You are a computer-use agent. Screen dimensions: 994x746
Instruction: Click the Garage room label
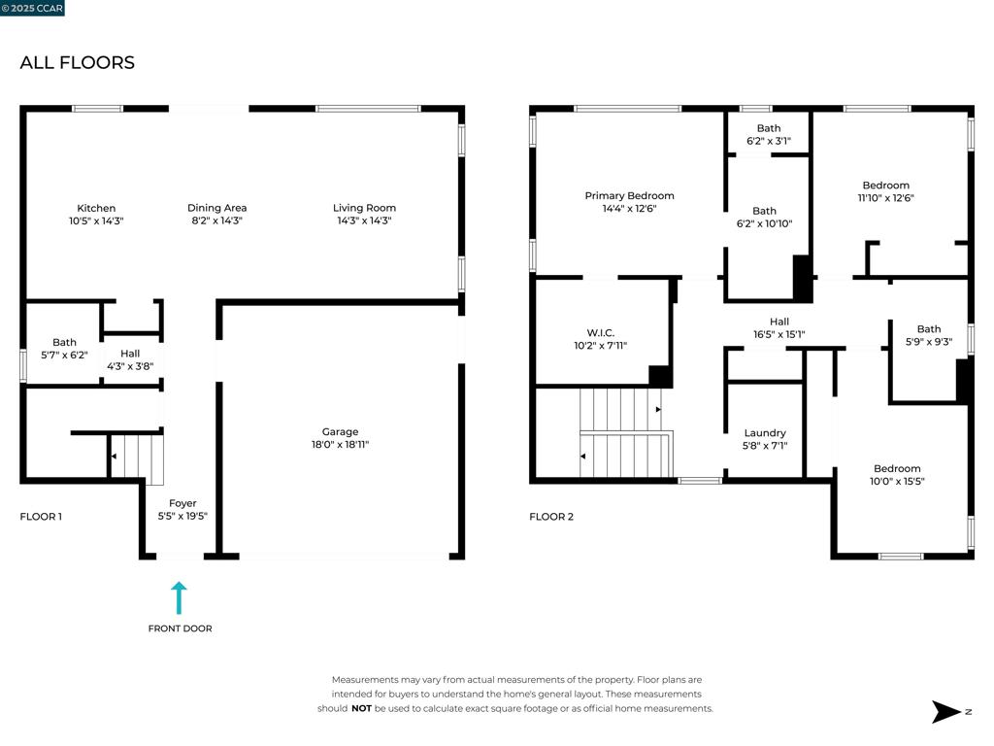point(340,431)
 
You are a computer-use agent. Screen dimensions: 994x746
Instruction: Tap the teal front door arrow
point(179,598)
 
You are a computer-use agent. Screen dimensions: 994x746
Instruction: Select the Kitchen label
point(96,208)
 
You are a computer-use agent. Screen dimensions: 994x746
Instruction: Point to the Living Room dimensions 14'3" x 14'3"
point(365,220)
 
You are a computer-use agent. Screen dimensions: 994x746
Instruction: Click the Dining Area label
point(216,208)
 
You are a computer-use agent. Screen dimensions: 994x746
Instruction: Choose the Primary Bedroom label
point(629,195)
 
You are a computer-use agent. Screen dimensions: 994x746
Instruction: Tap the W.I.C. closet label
point(600,332)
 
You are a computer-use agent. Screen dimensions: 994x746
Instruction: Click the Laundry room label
point(765,432)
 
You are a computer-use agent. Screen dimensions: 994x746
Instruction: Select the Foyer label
point(182,503)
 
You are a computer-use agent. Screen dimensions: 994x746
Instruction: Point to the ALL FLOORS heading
point(78,62)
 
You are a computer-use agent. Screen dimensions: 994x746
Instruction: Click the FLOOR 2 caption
point(551,517)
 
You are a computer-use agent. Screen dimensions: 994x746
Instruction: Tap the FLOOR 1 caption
point(41,517)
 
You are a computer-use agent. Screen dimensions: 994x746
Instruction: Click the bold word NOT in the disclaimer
point(361,708)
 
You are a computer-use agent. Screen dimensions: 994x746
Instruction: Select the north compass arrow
point(946,712)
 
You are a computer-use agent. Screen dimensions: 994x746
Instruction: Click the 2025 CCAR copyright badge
point(32,8)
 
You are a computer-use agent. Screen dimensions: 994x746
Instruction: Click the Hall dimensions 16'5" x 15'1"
point(779,334)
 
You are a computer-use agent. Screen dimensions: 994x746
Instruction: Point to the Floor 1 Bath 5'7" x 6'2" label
point(65,349)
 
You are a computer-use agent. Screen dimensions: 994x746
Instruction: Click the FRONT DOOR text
point(180,628)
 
